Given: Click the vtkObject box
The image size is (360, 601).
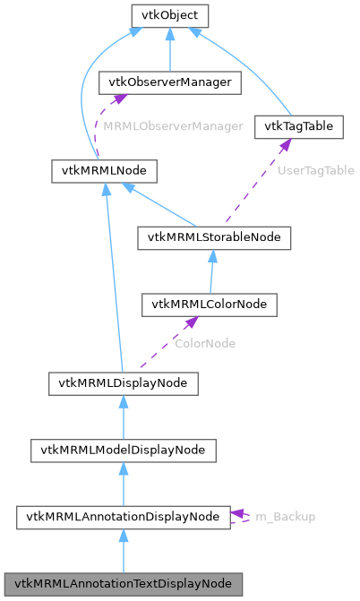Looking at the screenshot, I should pyautogui.click(x=169, y=15).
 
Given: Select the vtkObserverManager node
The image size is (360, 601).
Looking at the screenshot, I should pyautogui.click(x=169, y=82).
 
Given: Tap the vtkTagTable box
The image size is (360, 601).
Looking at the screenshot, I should pyautogui.click(x=299, y=126).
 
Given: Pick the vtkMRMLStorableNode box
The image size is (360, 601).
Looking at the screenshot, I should pyautogui.click(x=213, y=237).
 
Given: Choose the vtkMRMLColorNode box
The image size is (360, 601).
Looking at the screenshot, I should pyautogui.click(x=209, y=305).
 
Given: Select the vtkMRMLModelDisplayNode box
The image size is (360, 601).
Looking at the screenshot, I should pyautogui.click(x=123, y=450).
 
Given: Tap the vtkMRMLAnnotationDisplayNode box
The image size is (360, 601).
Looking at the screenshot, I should pyautogui.click(x=123, y=517).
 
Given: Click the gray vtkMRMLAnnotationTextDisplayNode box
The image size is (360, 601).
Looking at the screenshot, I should pyautogui.click(x=123, y=583).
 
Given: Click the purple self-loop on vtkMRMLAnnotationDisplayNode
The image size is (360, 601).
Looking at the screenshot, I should pyautogui.click(x=242, y=517).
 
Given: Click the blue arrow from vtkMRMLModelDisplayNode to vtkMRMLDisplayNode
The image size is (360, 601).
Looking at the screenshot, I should pyautogui.click(x=123, y=416).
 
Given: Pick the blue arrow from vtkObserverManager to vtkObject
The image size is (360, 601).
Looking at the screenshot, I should pyautogui.click(x=169, y=48).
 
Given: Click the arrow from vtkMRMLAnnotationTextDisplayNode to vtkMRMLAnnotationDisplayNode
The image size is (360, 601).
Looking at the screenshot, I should pyautogui.click(x=123, y=550).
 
